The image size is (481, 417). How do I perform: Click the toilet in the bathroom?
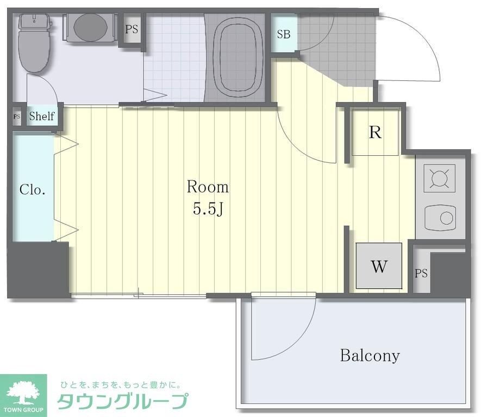35,43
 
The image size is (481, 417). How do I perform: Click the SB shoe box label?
284,34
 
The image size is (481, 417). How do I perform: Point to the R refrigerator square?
375,132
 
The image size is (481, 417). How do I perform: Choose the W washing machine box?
379,266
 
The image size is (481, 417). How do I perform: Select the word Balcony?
370,356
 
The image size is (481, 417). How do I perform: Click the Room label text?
208,187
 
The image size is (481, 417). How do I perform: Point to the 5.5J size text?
208,208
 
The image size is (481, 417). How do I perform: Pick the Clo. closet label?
32,189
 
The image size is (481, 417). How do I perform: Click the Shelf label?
41,116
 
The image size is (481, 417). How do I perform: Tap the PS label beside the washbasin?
132,29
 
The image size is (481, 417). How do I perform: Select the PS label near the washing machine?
421,274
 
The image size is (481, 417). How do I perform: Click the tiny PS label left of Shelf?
16,116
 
